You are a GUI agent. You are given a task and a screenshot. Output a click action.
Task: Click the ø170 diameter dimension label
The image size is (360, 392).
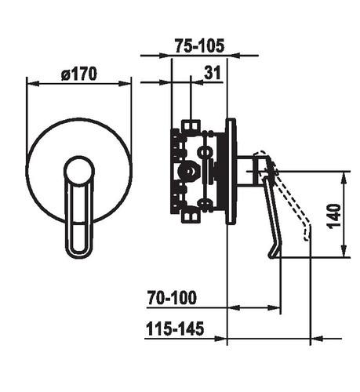pyautogui.click(x=79, y=74)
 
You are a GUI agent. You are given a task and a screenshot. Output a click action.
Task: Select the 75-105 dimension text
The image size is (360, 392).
pyautogui.click(x=199, y=46)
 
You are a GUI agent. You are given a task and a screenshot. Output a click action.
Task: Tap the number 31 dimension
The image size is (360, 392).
pyautogui.click(x=213, y=72)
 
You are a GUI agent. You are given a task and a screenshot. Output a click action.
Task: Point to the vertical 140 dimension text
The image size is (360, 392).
pyautogui.click(x=334, y=216)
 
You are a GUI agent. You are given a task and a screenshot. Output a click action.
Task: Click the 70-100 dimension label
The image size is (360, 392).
pyautogui.click(x=172, y=297)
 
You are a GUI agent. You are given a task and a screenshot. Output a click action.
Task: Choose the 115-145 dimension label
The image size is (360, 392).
pyautogui.click(x=175, y=328)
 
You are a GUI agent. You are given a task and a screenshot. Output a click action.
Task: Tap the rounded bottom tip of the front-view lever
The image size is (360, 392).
pyautogui.click(x=78, y=254)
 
